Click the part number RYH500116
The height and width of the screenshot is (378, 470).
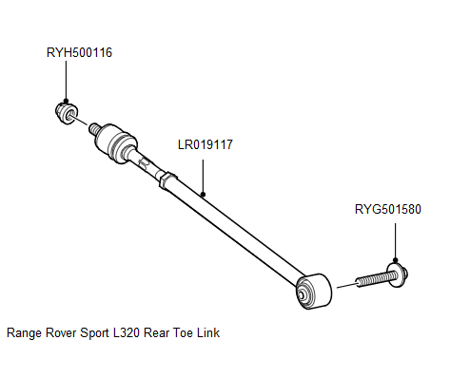pyautogui.click(x=79, y=52)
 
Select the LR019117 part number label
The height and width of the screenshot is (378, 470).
pyautogui.click(x=206, y=145)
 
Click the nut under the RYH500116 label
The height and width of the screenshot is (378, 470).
pyautogui.click(x=67, y=114)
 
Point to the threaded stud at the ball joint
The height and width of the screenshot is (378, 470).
pyautogui.click(x=95, y=126)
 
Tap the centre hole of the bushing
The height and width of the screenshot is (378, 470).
pyautogui.click(x=304, y=294)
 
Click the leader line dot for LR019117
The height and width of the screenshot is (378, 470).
pyautogui.click(x=204, y=192)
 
